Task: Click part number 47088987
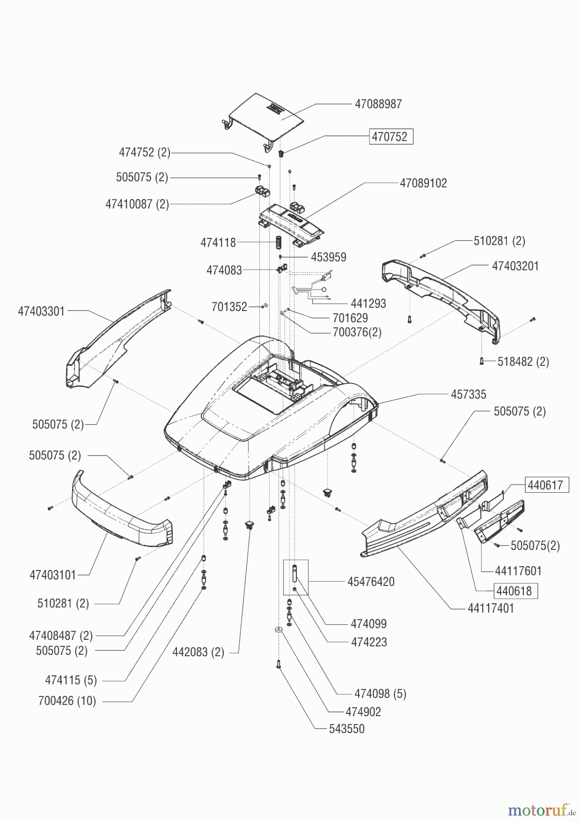(378, 104)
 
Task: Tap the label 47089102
(423, 183)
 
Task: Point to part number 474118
(218, 242)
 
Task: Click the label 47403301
(41, 311)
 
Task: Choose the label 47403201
(515, 266)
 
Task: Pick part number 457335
(468, 395)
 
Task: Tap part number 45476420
(370, 582)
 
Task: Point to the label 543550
(347, 729)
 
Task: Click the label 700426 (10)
(67, 701)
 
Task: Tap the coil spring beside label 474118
(277, 242)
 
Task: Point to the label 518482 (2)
(523, 362)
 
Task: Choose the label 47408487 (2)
(61, 636)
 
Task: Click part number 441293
(368, 304)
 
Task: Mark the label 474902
(363, 712)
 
